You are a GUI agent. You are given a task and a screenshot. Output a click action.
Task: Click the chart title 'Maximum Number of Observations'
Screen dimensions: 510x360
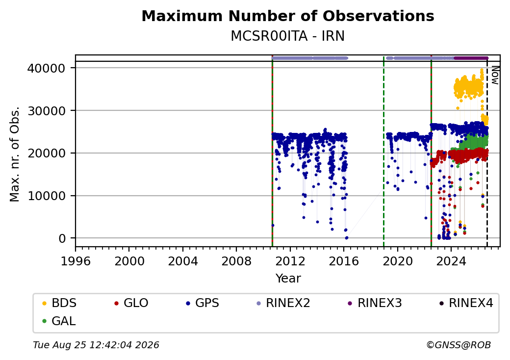[288, 16]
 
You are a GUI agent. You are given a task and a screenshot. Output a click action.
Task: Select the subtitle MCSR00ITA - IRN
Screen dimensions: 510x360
[288, 36]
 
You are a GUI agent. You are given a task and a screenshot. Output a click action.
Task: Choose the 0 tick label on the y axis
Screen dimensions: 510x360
[62, 239]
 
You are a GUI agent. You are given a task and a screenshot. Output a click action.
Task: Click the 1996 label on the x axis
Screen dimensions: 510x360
[76, 261]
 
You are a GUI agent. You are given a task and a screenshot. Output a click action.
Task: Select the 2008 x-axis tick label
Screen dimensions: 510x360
[236, 261]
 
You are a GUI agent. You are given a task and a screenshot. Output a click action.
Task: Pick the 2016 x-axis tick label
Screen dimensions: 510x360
[343, 261]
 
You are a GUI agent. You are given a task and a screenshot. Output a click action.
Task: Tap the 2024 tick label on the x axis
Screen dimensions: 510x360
[451, 261]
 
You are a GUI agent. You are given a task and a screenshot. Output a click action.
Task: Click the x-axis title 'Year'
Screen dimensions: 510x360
[288, 279]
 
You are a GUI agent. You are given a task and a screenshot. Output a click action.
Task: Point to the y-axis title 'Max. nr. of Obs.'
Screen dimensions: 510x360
[15, 154]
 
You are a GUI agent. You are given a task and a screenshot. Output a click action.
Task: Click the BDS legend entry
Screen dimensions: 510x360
[59, 303]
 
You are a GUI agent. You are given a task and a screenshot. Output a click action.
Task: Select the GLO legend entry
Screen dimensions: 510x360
[131, 303]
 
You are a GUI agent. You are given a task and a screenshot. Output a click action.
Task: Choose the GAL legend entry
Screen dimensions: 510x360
[59, 321]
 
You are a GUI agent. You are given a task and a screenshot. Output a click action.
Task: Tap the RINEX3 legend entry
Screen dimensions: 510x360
[375, 303]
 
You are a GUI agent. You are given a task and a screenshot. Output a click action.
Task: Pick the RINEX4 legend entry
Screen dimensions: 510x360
[466, 303]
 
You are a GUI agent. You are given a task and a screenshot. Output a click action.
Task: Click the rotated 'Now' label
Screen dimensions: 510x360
[495, 75]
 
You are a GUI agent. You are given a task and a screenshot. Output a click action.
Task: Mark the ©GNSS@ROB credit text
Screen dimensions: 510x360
[459, 345]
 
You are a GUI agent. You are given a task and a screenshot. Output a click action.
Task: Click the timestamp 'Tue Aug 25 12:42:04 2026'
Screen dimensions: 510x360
[96, 345]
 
